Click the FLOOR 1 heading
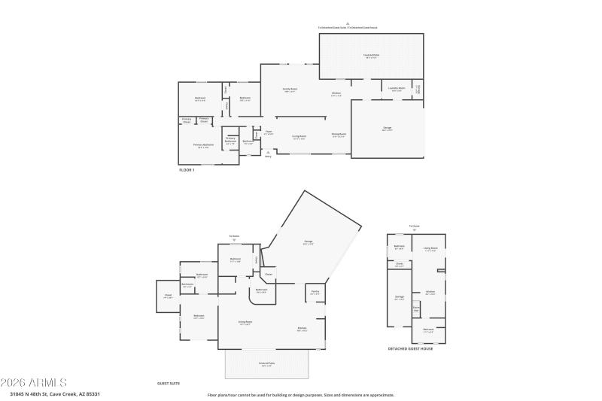[x=187, y=170]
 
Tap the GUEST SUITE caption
[x=169, y=383]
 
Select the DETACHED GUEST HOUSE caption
[x=410, y=348]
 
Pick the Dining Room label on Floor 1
[x=339, y=135]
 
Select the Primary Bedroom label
[x=203, y=145]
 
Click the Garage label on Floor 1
[x=387, y=129]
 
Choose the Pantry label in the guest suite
[x=314, y=293]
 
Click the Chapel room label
[x=168, y=296]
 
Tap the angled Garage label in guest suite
[x=308, y=242]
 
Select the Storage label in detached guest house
[x=400, y=297]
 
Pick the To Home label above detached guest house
[x=414, y=226]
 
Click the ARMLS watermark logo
[x=34, y=382]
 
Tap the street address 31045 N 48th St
[x=54, y=394]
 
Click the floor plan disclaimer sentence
[x=301, y=394]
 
